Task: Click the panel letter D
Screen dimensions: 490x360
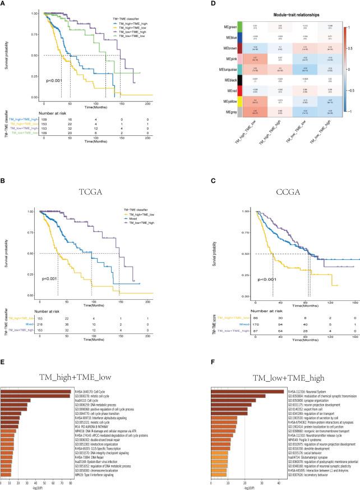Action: pos(189,5)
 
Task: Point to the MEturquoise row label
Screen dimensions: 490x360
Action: pos(211,83)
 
